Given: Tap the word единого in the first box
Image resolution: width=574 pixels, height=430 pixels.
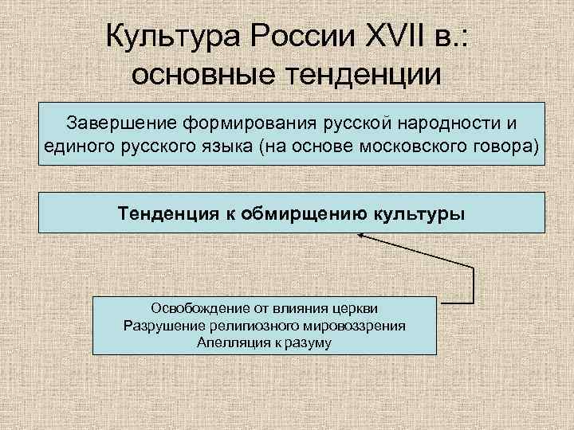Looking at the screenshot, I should pyautogui.click(x=76, y=147).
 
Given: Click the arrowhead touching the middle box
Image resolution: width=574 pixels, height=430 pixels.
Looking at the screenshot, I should pyautogui.click(x=361, y=235).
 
